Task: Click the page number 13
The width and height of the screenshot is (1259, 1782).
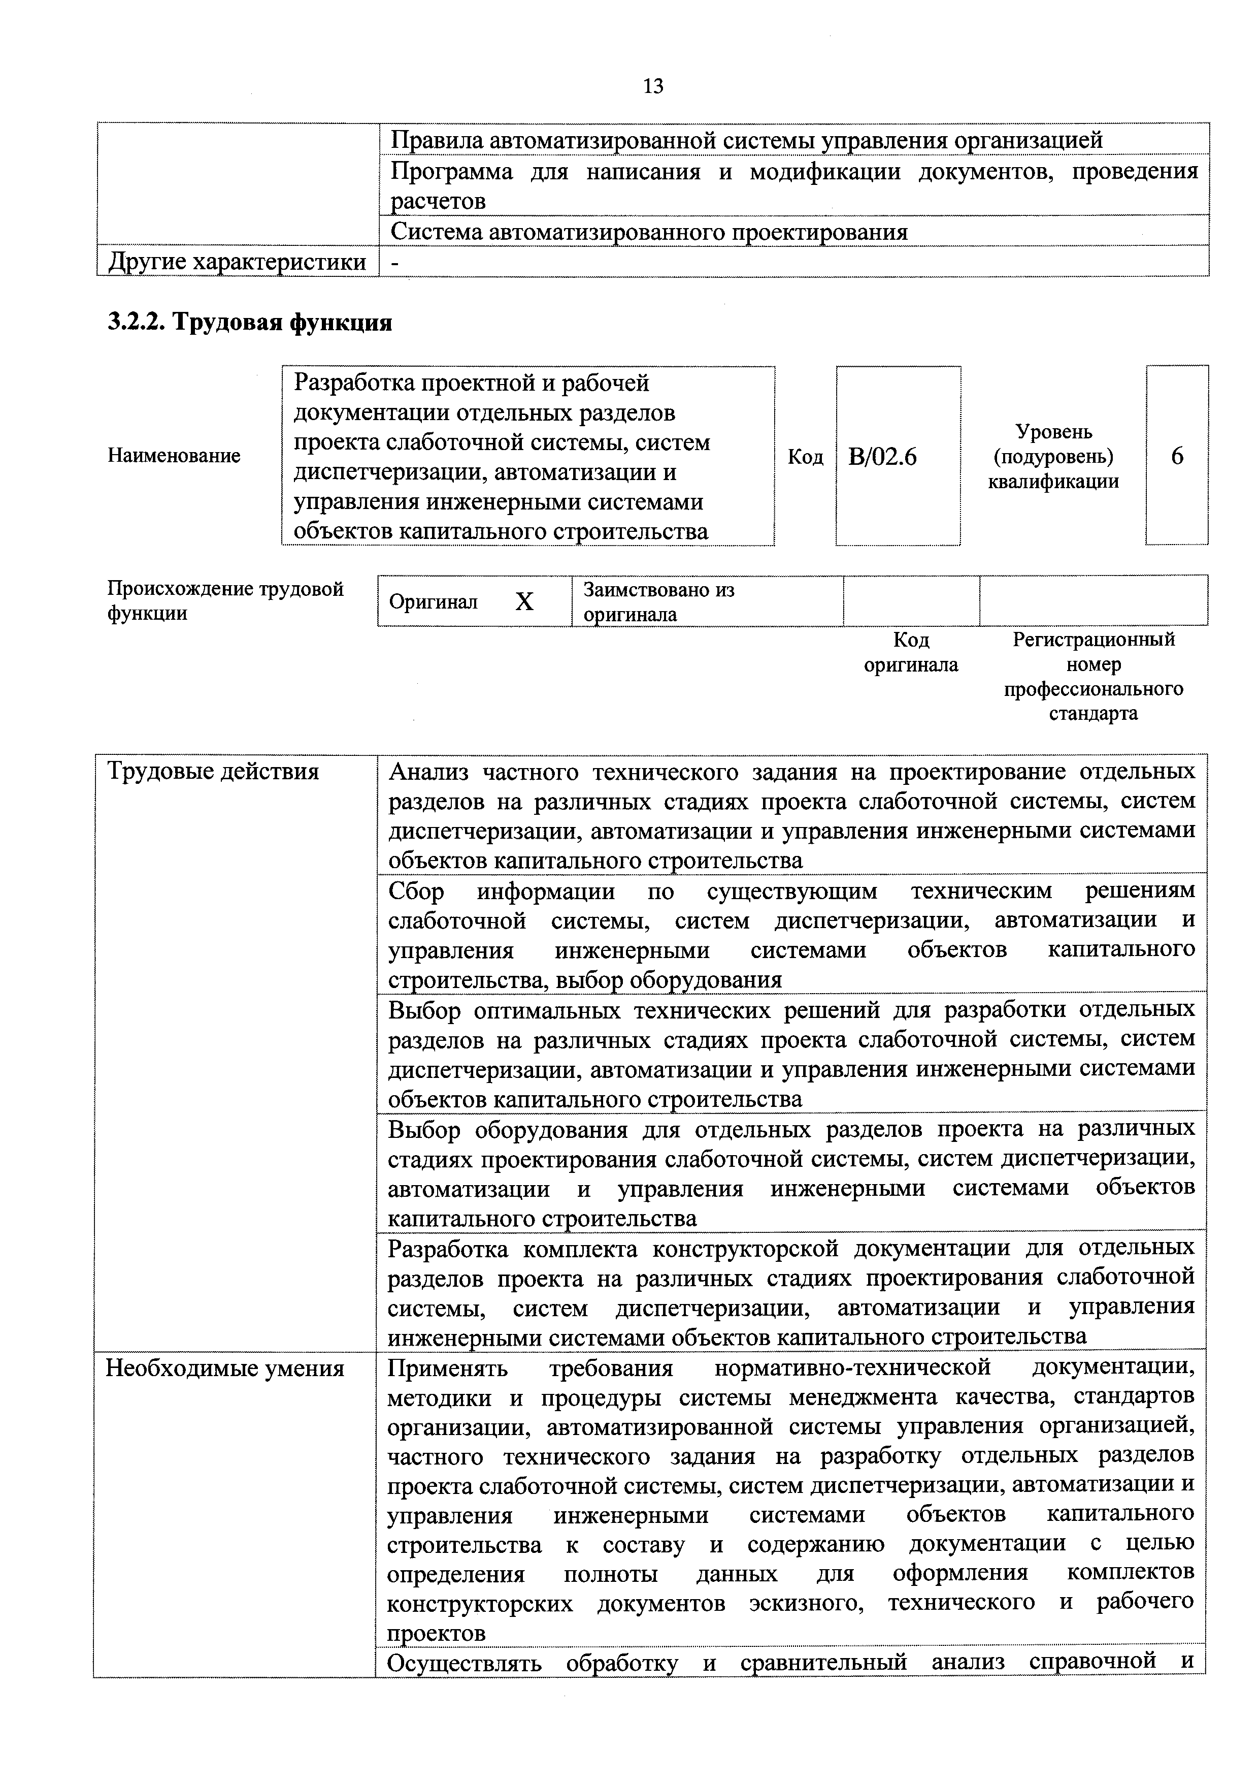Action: (653, 86)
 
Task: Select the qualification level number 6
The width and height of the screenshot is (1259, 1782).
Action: (1177, 456)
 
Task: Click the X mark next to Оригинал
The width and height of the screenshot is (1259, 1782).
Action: (524, 601)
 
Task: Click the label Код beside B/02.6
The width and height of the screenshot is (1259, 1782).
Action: (805, 456)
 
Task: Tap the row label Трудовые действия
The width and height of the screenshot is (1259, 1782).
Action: (213, 772)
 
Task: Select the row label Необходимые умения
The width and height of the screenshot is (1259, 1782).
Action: (224, 1369)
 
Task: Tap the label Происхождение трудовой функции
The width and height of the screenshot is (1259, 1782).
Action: (225, 601)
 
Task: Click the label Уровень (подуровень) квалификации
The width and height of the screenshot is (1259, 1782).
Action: (1053, 456)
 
